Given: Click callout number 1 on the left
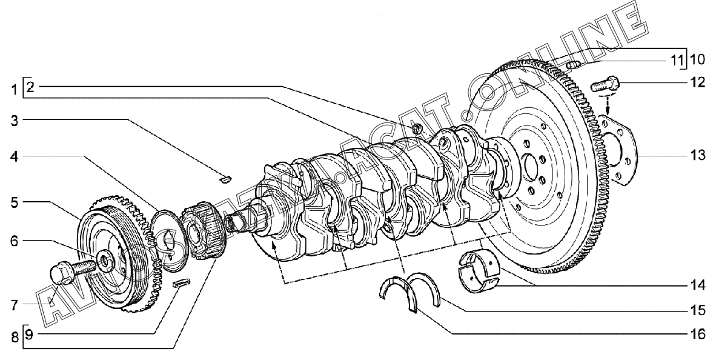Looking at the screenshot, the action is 15,90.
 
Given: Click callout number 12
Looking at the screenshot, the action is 697,83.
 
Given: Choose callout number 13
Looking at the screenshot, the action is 697,156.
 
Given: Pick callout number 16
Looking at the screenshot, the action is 697,334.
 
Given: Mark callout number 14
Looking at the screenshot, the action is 697,286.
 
